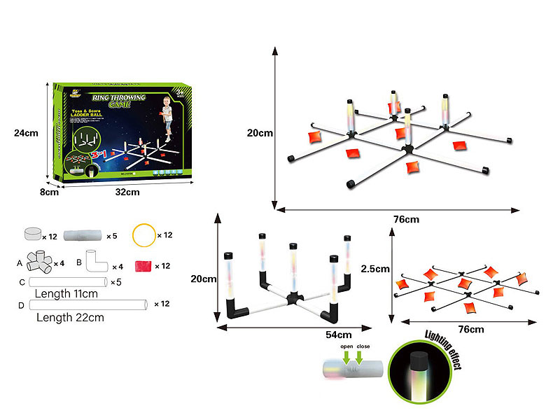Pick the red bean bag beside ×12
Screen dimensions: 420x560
143,266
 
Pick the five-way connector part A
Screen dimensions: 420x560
42,262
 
